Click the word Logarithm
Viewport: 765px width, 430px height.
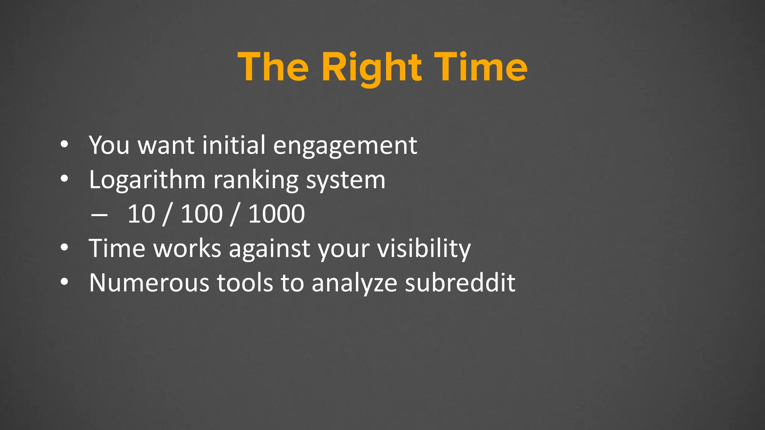[x=147, y=180]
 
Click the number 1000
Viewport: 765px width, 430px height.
[x=276, y=214]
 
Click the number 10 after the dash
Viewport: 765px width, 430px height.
[x=141, y=214]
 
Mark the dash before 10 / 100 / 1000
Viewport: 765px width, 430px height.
[x=99, y=215]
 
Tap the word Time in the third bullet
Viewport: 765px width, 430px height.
[x=117, y=248]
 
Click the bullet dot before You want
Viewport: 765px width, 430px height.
[x=64, y=145]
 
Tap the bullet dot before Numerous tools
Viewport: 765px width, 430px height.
[x=64, y=283]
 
